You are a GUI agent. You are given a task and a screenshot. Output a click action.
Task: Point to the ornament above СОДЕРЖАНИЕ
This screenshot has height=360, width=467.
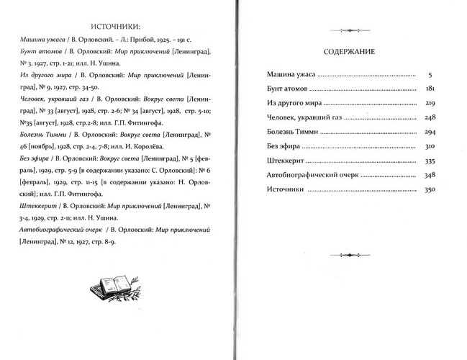click(350, 30)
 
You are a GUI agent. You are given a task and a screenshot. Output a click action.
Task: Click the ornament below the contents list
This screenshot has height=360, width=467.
click(350, 254)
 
